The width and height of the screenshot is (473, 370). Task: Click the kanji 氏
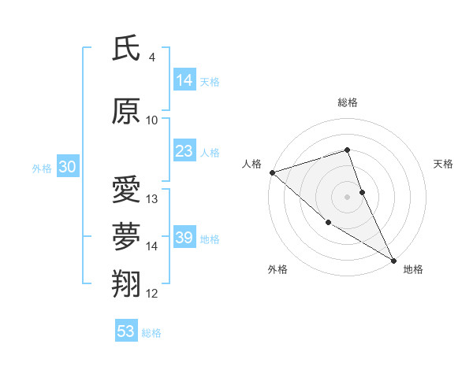click(x=125, y=48)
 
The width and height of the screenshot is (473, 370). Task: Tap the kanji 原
click(x=125, y=111)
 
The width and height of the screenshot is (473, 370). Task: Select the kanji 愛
click(x=125, y=191)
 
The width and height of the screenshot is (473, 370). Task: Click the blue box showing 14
click(x=184, y=80)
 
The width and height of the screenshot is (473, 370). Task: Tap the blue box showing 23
click(x=184, y=151)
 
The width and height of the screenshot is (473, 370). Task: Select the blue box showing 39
click(x=184, y=238)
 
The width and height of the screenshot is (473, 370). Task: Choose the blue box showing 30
click(x=67, y=167)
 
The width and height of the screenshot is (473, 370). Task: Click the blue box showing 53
click(x=126, y=331)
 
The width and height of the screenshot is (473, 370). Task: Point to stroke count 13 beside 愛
click(x=152, y=199)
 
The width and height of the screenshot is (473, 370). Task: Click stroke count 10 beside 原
click(x=151, y=120)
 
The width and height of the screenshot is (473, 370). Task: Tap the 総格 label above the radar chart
click(x=347, y=102)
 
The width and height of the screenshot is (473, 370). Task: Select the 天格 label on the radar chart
click(x=443, y=164)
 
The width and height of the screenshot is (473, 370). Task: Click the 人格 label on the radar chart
click(x=251, y=164)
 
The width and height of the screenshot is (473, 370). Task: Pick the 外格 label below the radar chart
click(x=277, y=269)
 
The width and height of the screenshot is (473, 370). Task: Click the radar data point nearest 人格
click(x=271, y=172)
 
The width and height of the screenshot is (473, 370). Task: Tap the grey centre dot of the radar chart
click(x=347, y=196)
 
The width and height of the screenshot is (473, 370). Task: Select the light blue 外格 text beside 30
click(x=41, y=168)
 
